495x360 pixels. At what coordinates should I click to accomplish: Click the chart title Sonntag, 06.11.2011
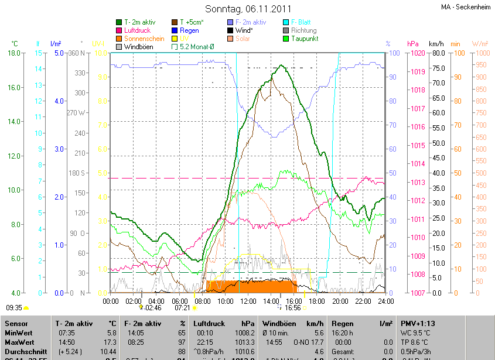(248, 9)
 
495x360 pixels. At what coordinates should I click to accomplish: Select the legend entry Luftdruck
(137, 30)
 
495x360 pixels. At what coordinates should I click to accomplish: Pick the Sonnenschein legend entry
(144, 39)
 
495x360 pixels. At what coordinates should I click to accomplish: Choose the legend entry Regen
(189, 30)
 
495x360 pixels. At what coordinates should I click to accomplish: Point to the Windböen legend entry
(138, 47)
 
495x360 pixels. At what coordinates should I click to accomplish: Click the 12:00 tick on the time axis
(248, 301)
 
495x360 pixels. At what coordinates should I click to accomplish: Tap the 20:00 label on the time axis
(340, 301)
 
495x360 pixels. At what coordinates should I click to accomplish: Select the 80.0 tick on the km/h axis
(437, 53)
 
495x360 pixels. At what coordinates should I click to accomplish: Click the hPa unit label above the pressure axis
(412, 44)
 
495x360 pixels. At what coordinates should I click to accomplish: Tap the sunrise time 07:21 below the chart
(182, 307)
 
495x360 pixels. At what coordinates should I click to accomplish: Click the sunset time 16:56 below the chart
(293, 307)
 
